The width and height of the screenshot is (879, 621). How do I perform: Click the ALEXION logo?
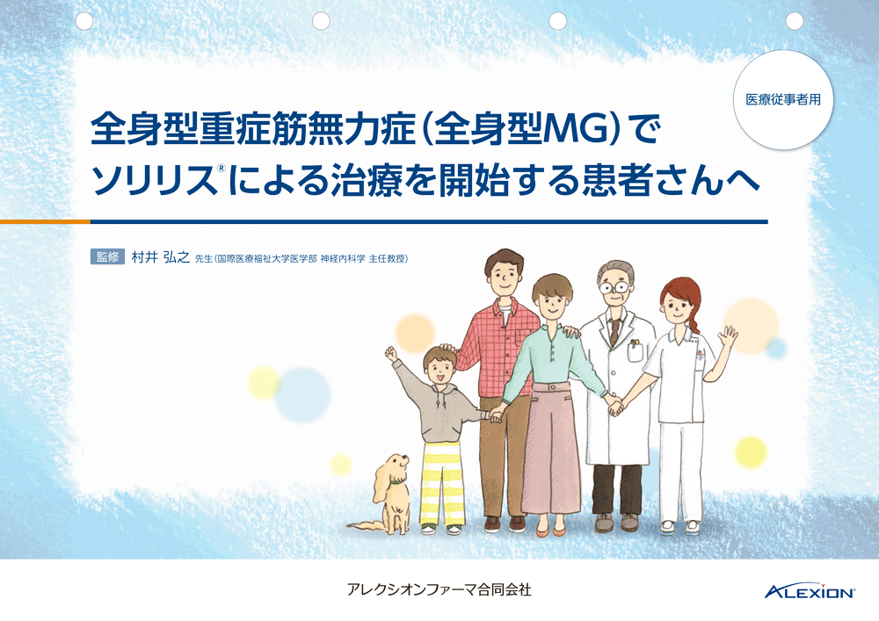(x=810, y=591)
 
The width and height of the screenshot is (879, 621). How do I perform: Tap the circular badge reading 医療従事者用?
(x=783, y=99)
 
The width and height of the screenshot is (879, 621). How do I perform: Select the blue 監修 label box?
(x=107, y=257)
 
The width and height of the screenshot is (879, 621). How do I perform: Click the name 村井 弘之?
(x=160, y=257)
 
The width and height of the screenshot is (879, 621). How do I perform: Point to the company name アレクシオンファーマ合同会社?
(x=439, y=589)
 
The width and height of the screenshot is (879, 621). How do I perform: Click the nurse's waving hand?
(x=730, y=337)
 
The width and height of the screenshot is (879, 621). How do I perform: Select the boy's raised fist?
(x=391, y=354)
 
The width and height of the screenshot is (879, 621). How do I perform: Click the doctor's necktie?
(x=615, y=331)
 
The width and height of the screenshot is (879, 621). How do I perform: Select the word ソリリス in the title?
(x=154, y=180)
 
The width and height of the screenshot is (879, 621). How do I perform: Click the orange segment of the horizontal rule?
(x=45, y=221)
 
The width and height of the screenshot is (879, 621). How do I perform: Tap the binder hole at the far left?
(x=84, y=21)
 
